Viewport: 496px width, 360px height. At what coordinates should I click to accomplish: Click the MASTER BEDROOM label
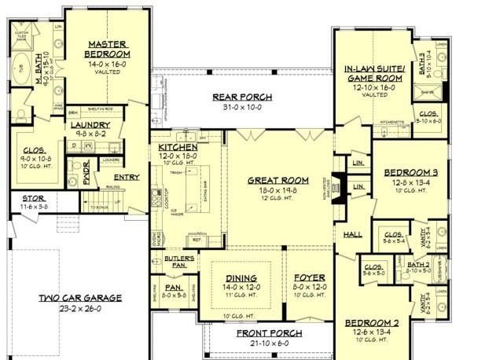tap(108, 49)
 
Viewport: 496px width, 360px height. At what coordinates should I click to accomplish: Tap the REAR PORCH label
tap(242, 97)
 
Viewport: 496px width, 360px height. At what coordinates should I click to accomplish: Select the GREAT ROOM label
tap(277, 179)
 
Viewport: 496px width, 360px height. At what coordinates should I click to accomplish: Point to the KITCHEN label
tap(178, 147)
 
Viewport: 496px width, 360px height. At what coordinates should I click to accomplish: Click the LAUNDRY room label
tap(90, 125)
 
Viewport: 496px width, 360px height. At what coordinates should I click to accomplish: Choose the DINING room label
tap(241, 277)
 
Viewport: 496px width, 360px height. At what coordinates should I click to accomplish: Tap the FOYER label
tap(309, 277)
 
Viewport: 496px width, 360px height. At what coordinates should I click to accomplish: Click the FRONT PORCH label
tap(269, 333)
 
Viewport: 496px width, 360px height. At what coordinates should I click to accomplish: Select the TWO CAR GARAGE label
tap(80, 298)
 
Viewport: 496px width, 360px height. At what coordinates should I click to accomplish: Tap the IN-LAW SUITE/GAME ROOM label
tap(373, 74)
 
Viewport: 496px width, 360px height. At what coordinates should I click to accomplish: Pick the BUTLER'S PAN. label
tap(176, 259)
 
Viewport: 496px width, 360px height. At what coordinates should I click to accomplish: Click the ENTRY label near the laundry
tap(126, 177)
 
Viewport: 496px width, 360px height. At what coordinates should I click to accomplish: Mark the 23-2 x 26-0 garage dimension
tap(80, 308)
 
